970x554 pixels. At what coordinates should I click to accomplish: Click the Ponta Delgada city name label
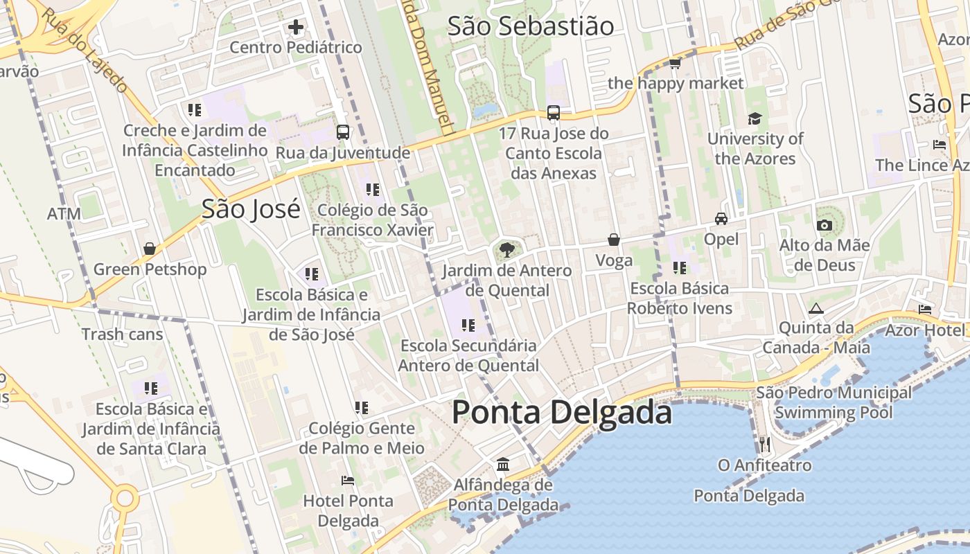tap(561, 413)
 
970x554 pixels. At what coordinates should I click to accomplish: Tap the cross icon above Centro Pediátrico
tap(296, 28)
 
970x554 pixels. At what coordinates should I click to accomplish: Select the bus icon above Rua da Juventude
tap(342, 132)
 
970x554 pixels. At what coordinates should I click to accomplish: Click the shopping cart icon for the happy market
tap(675, 64)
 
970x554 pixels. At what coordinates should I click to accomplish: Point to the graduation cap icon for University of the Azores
tap(755, 119)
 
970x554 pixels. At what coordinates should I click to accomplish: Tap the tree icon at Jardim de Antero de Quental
tap(506, 250)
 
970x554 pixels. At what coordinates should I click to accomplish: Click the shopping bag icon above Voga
tap(614, 240)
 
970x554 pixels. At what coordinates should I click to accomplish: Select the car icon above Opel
tap(721, 219)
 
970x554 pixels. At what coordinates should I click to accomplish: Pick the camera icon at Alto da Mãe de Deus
tap(824, 225)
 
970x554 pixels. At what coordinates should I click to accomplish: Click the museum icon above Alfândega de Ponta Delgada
tap(503, 463)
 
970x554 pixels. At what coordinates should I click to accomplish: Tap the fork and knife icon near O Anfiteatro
tap(764, 443)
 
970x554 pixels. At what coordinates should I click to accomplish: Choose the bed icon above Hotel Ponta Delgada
tap(348, 480)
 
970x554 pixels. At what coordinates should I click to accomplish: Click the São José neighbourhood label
tap(251, 208)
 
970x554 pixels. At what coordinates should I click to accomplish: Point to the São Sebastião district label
tap(530, 26)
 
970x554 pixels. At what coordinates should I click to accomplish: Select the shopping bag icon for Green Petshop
tap(150, 249)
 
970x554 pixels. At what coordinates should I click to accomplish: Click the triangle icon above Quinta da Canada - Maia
tap(815, 308)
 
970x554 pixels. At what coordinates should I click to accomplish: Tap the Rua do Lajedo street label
tap(85, 50)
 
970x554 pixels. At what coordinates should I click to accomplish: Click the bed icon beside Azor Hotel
tap(925, 309)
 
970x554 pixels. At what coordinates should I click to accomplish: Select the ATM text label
tap(64, 214)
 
